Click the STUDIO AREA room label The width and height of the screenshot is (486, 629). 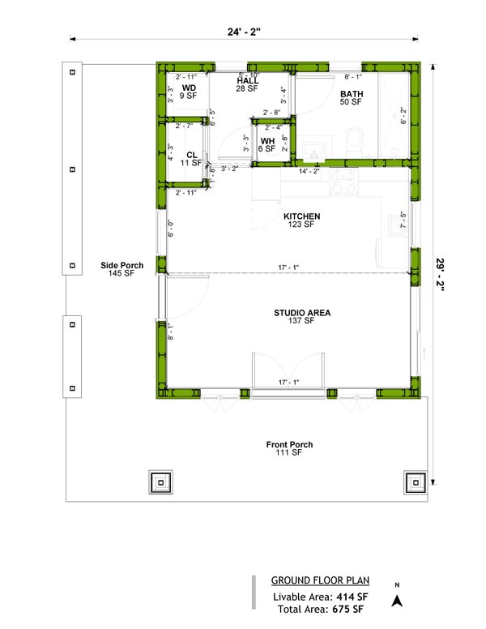pyautogui.click(x=301, y=312)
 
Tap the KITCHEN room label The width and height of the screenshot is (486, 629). pyautogui.click(x=301, y=216)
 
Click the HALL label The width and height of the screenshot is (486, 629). pyautogui.click(x=247, y=81)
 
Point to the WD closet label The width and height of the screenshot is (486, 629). pyautogui.click(x=189, y=88)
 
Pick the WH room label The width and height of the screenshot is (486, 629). pyautogui.click(x=267, y=140)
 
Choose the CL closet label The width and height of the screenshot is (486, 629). pyautogui.click(x=192, y=154)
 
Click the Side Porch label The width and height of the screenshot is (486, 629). pyautogui.click(x=117, y=265)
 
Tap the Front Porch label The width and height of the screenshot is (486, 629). pyautogui.click(x=289, y=444)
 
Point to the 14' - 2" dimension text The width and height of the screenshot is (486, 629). pyautogui.click(x=309, y=171)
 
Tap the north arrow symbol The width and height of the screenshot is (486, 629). pyautogui.click(x=397, y=599)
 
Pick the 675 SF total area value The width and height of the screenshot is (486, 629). pyautogui.click(x=345, y=609)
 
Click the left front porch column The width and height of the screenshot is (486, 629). pyautogui.click(x=161, y=482)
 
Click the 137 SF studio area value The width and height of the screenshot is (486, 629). pyautogui.click(x=301, y=322)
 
